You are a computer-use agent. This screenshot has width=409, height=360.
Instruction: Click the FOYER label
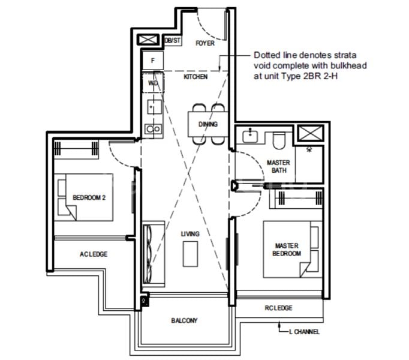(205, 43)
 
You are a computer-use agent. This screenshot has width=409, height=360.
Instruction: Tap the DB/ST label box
(172, 41)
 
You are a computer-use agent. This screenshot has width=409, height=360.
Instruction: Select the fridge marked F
(153, 61)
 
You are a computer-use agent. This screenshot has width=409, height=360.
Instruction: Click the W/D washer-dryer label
(153, 83)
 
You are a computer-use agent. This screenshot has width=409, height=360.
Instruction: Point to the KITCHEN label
(196, 77)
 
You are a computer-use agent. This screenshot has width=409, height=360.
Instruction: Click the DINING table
(207, 124)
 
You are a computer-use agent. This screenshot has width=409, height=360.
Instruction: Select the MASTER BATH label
(278, 166)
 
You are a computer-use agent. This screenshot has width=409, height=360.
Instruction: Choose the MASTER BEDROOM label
(287, 250)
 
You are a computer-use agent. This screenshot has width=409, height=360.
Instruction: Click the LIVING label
(190, 233)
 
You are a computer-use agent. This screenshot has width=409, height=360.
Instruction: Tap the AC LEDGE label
(93, 254)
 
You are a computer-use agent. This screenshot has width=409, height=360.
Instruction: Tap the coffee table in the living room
(191, 253)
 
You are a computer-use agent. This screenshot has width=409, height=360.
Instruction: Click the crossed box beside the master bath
(312, 134)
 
